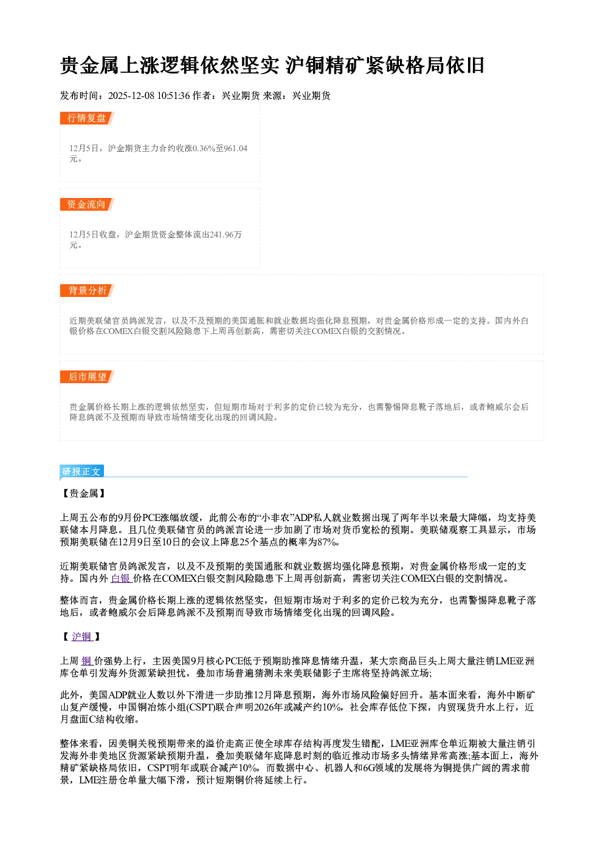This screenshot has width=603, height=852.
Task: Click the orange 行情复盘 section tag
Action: [x=87, y=118]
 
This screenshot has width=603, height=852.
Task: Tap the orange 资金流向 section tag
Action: [x=87, y=204]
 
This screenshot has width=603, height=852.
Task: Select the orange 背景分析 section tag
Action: [x=87, y=291]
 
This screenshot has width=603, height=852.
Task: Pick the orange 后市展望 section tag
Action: [x=87, y=377]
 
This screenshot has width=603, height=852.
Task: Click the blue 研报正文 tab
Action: [x=82, y=472]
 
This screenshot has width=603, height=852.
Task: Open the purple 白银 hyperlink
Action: [x=121, y=579]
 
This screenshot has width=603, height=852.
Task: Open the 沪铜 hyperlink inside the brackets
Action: [x=82, y=636]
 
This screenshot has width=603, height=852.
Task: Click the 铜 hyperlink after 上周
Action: [x=86, y=661]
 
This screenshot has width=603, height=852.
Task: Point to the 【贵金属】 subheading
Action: [x=84, y=494]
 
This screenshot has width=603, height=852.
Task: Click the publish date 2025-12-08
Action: [x=131, y=95]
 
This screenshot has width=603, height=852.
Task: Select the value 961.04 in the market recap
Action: [x=236, y=148]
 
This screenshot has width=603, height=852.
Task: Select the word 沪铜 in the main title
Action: [x=305, y=65]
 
